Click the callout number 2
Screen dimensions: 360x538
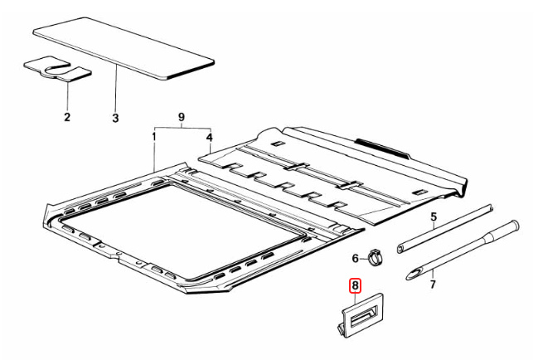pos(68,118)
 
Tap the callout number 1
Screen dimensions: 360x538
pos(154,135)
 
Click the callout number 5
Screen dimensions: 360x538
pos(432,220)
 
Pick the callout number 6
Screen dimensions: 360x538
pos(355,258)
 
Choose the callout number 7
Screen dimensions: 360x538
pos(431,285)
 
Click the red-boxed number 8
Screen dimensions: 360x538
pos(355,286)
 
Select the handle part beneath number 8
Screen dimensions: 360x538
pos(366,317)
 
